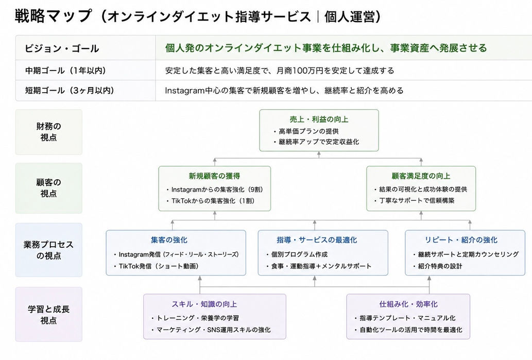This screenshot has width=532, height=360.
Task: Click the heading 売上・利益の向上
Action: point(319,119)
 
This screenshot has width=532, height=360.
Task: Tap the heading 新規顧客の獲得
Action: point(214,176)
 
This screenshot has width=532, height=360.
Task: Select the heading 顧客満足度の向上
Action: point(421,176)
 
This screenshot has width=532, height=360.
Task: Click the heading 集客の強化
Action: point(169,240)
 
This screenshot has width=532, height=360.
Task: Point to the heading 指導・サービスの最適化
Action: point(317,240)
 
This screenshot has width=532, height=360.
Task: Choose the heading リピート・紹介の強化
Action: point(461,240)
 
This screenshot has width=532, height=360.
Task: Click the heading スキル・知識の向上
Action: point(204,304)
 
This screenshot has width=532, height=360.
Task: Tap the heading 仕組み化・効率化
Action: point(408,304)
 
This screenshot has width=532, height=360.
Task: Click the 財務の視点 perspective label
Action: point(48,132)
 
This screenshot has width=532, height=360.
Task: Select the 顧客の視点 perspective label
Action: point(48,187)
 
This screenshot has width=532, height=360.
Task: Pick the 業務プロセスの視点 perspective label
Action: point(48,250)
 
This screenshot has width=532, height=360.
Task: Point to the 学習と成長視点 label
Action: point(48,315)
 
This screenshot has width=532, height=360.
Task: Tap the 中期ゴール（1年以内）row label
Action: point(65,71)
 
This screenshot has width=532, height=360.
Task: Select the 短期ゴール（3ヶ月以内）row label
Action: point(70,91)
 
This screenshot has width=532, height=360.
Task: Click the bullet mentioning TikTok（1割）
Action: point(211,200)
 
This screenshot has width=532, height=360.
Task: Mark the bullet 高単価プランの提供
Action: point(306,131)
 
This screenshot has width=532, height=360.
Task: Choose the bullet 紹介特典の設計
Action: point(437,266)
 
